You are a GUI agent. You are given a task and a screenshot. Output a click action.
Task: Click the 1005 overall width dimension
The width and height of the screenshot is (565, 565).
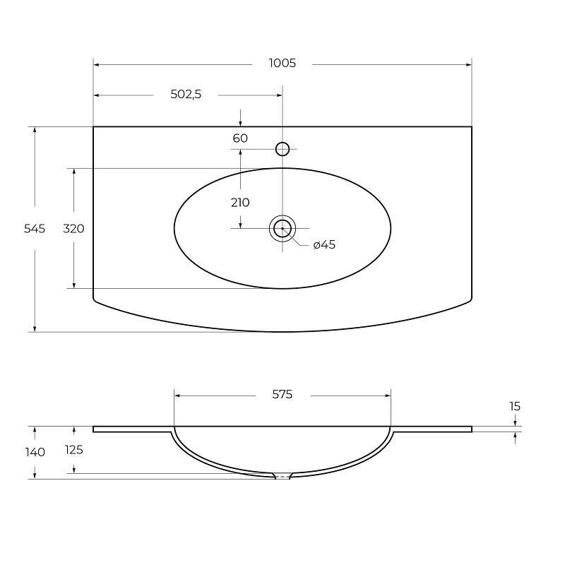(282, 64)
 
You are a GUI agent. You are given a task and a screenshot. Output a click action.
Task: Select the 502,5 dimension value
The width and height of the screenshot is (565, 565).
(186, 95)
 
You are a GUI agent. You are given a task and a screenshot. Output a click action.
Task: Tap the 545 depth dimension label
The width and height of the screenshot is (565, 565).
(35, 229)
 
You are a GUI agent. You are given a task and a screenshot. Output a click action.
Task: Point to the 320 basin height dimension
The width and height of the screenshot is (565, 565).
(73, 229)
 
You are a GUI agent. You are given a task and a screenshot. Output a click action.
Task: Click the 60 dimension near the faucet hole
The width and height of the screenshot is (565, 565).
(240, 138)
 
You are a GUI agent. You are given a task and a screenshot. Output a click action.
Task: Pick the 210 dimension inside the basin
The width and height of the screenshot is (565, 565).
(240, 203)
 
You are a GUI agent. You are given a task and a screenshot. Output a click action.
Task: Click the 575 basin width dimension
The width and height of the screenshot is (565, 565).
(282, 395)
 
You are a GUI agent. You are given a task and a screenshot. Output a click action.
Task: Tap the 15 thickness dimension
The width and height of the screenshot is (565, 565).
(515, 406)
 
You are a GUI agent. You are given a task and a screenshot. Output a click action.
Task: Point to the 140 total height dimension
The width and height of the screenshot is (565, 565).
(35, 452)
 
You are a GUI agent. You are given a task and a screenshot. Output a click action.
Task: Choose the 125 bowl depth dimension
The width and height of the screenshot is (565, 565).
(73, 450)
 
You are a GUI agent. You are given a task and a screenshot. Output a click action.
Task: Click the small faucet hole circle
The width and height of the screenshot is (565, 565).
(282, 148)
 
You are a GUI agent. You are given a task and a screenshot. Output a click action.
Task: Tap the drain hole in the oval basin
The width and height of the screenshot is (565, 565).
(282, 228)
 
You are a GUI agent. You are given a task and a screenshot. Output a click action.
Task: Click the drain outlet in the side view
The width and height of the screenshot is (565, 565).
(282, 477)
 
